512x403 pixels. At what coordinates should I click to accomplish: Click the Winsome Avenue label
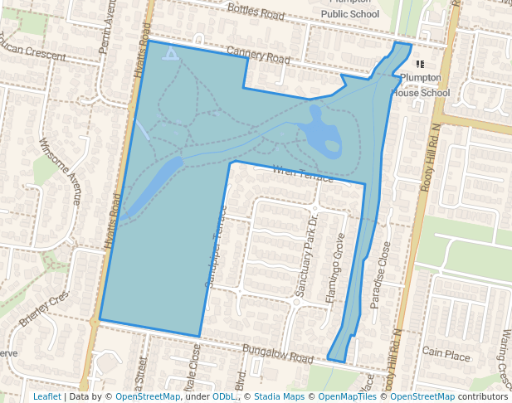coord(61,170)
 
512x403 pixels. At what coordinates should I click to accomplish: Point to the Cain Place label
coord(446,354)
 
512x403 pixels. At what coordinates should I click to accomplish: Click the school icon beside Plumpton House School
coord(420,64)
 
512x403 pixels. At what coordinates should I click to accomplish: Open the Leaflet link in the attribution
coord(46,396)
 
